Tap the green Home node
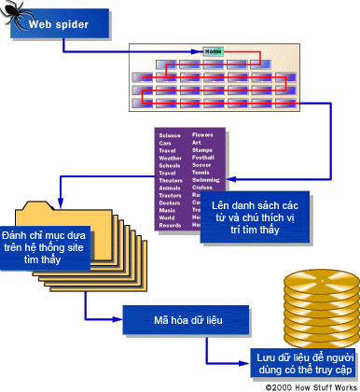[x=213, y=51]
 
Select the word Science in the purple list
[x=170, y=136]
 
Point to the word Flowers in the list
[x=203, y=136]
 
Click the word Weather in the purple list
[x=171, y=159]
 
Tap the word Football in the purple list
[x=204, y=158]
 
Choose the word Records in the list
[x=171, y=225]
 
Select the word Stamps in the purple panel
[x=202, y=150]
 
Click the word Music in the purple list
[x=168, y=210]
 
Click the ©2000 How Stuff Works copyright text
[x=308, y=385]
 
